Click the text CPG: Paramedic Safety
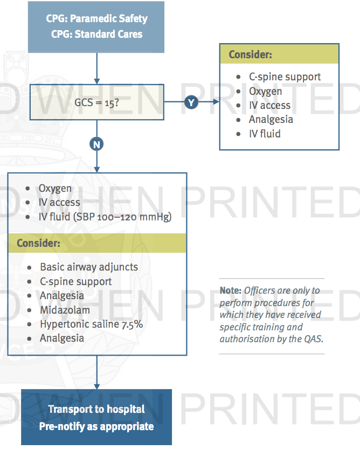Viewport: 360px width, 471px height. click(x=96, y=19)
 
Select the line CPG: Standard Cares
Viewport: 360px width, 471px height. click(x=96, y=34)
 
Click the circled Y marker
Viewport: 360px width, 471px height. click(x=191, y=102)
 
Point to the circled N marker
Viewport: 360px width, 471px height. click(x=97, y=144)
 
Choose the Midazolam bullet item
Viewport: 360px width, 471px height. click(x=65, y=310)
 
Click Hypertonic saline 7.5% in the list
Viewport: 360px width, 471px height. click(x=91, y=324)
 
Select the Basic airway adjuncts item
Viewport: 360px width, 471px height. click(x=89, y=267)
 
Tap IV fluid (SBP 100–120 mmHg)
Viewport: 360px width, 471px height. click(x=105, y=217)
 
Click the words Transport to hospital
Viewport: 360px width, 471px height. click(x=96, y=409)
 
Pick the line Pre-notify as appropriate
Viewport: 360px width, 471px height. click(x=96, y=426)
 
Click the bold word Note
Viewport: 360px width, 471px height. click(x=230, y=290)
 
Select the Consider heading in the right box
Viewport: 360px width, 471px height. click(x=250, y=54)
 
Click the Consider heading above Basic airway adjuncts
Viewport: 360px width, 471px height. click(x=38, y=243)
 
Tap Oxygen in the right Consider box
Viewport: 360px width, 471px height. click(x=265, y=91)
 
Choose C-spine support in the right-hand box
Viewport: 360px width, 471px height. click(x=285, y=77)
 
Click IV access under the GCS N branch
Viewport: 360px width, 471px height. click(x=59, y=203)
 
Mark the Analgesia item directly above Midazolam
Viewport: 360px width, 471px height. click(x=62, y=295)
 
